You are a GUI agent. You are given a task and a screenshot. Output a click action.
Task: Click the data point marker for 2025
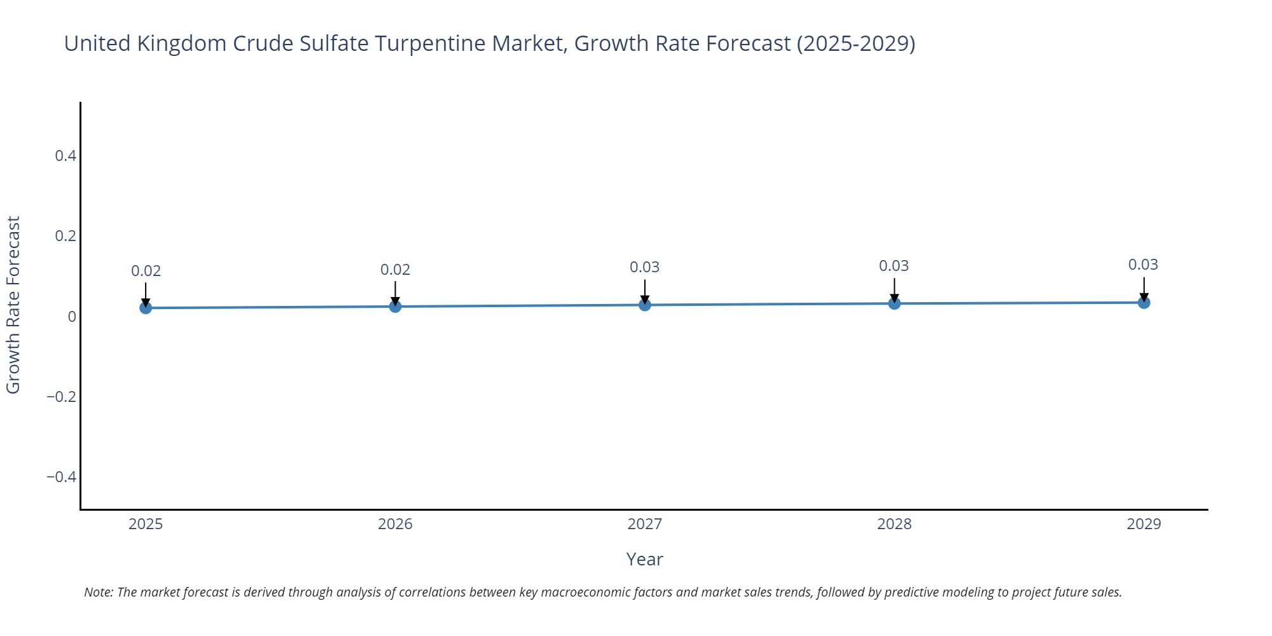pos(146,308)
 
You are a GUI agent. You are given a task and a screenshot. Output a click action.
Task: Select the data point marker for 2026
pos(395,307)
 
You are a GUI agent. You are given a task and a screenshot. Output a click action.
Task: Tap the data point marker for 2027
pos(645,305)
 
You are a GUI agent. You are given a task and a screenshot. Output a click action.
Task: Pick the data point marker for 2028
pos(894,303)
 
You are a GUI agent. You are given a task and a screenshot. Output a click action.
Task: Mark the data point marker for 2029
pos(1144,303)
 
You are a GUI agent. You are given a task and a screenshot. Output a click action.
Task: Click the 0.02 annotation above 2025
pos(146,271)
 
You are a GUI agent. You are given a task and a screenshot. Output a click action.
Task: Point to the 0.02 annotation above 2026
pos(395,270)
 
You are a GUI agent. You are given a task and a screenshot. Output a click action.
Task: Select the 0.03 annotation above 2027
pos(644,267)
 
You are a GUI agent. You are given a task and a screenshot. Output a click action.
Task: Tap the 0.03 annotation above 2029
pos(1143,265)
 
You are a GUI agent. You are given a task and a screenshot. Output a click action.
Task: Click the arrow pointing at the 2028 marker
pos(894,289)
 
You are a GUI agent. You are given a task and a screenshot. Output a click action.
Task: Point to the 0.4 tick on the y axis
pos(66,156)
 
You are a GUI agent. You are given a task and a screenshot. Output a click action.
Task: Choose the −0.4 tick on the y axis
pos(61,477)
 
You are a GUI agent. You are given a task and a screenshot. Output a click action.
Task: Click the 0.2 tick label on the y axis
pos(66,236)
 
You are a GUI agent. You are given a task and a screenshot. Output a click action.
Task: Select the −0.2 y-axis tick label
pos(61,397)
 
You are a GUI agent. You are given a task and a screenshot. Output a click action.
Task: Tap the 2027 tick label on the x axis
pos(644,524)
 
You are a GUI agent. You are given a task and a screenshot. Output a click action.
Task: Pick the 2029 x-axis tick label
pos(1144,524)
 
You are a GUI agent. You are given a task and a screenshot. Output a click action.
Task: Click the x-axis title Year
pos(644,559)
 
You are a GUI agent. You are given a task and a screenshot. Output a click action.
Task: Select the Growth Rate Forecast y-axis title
pos(13,305)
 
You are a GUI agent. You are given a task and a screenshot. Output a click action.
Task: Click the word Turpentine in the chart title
pos(430,43)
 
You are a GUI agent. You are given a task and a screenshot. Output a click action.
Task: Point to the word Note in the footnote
pos(97,592)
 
